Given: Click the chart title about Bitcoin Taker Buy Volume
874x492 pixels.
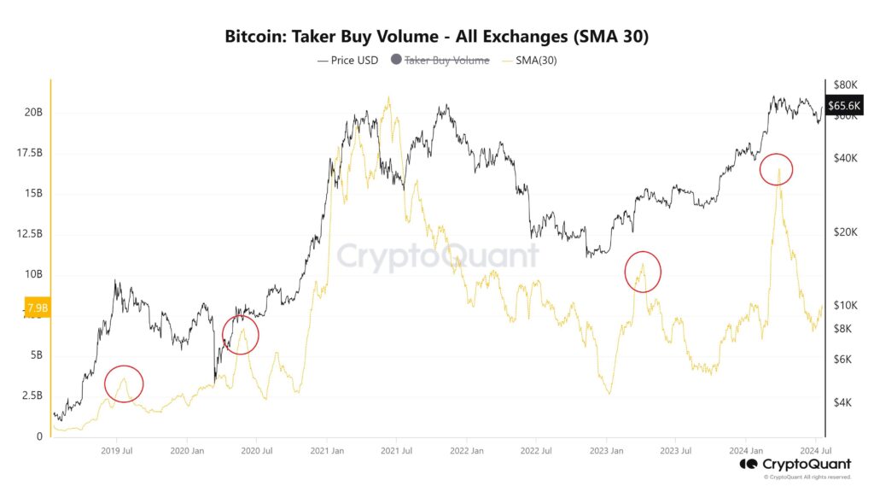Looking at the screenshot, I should [x=437, y=37].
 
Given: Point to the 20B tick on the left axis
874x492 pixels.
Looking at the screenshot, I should [x=34, y=112].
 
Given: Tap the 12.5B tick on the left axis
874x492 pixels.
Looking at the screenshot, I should [x=29, y=233].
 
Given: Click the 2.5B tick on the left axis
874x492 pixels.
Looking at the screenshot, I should [x=32, y=395].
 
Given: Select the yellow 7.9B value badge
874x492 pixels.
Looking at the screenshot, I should [x=38, y=307].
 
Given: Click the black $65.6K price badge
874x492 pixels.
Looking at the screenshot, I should [x=842, y=104].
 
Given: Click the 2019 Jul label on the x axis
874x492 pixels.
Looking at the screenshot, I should [x=116, y=449].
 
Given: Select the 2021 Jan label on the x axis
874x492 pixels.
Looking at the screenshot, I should [x=326, y=449].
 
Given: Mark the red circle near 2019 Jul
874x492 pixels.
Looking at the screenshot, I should [x=124, y=384].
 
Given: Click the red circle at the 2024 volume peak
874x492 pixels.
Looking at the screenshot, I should [x=776, y=169].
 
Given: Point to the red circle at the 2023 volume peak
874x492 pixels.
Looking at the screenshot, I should [x=643, y=272].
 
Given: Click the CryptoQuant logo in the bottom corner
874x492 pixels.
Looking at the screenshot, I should [x=795, y=465].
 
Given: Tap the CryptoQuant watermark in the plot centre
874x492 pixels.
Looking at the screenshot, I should [x=437, y=256].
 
